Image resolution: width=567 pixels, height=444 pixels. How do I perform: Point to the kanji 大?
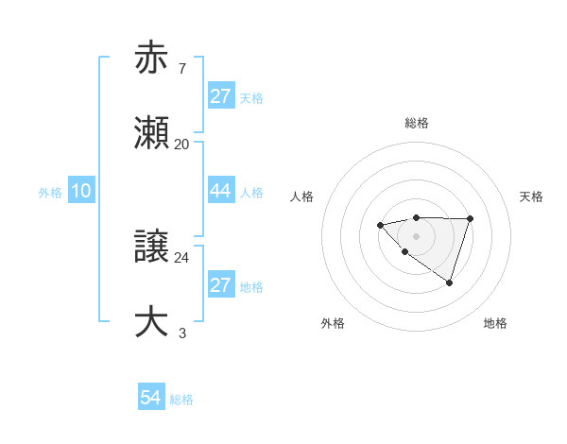pyautogui.click(x=151, y=322)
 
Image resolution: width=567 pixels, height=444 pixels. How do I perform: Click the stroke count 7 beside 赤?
pyautogui.click(x=181, y=68)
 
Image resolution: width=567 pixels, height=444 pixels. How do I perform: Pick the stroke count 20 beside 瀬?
pyautogui.click(x=181, y=144)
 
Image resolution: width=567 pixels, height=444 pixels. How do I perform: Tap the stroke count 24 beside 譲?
pyautogui.click(x=181, y=257)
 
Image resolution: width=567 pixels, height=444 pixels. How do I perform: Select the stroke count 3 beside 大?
pyautogui.click(x=181, y=333)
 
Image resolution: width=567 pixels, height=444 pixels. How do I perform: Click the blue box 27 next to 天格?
pyautogui.click(x=220, y=96)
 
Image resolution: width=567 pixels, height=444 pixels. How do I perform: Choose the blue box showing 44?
pyautogui.click(x=220, y=191)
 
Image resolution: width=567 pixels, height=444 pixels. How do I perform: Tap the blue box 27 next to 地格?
pyautogui.click(x=220, y=285)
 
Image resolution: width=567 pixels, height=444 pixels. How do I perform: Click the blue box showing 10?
pyautogui.click(x=80, y=191)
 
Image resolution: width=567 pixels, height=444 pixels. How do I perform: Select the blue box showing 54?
pyautogui.click(x=151, y=398)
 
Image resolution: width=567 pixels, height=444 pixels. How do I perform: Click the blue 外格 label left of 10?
pyautogui.click(x=50, y=193)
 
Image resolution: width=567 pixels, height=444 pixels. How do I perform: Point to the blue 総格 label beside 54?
pyautogui.click(x=181, y=400)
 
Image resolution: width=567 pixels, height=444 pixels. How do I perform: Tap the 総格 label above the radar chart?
pyautogui.click(x=416, y=123)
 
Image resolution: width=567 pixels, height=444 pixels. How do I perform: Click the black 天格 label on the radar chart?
pyautogui.click(x=532, y=196)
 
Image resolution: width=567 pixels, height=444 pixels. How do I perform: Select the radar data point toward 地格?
pyautogui.click(x=450, y=282)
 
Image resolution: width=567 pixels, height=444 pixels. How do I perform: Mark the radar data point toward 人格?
pyautogui.click(x=380, y=225)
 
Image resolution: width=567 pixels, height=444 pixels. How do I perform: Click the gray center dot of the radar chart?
pyautogui.click(x=416, y=236)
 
